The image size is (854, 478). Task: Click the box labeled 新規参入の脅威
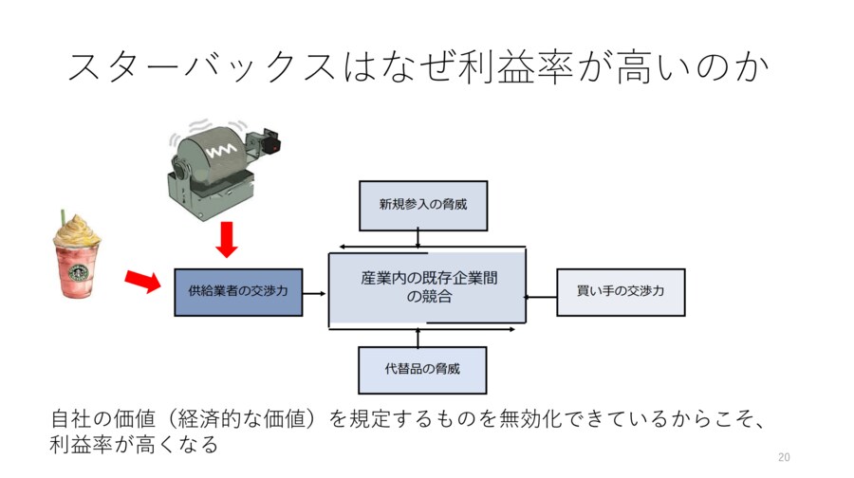[423, 205]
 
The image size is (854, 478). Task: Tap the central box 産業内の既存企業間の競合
[428, 287]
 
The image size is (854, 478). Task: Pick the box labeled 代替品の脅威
[423, 370]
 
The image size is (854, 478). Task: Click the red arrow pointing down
[226, 239]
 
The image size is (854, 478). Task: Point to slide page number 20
[783, 456]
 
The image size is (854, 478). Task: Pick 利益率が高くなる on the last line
[134, 443]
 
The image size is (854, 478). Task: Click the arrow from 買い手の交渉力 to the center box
[541, 296]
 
